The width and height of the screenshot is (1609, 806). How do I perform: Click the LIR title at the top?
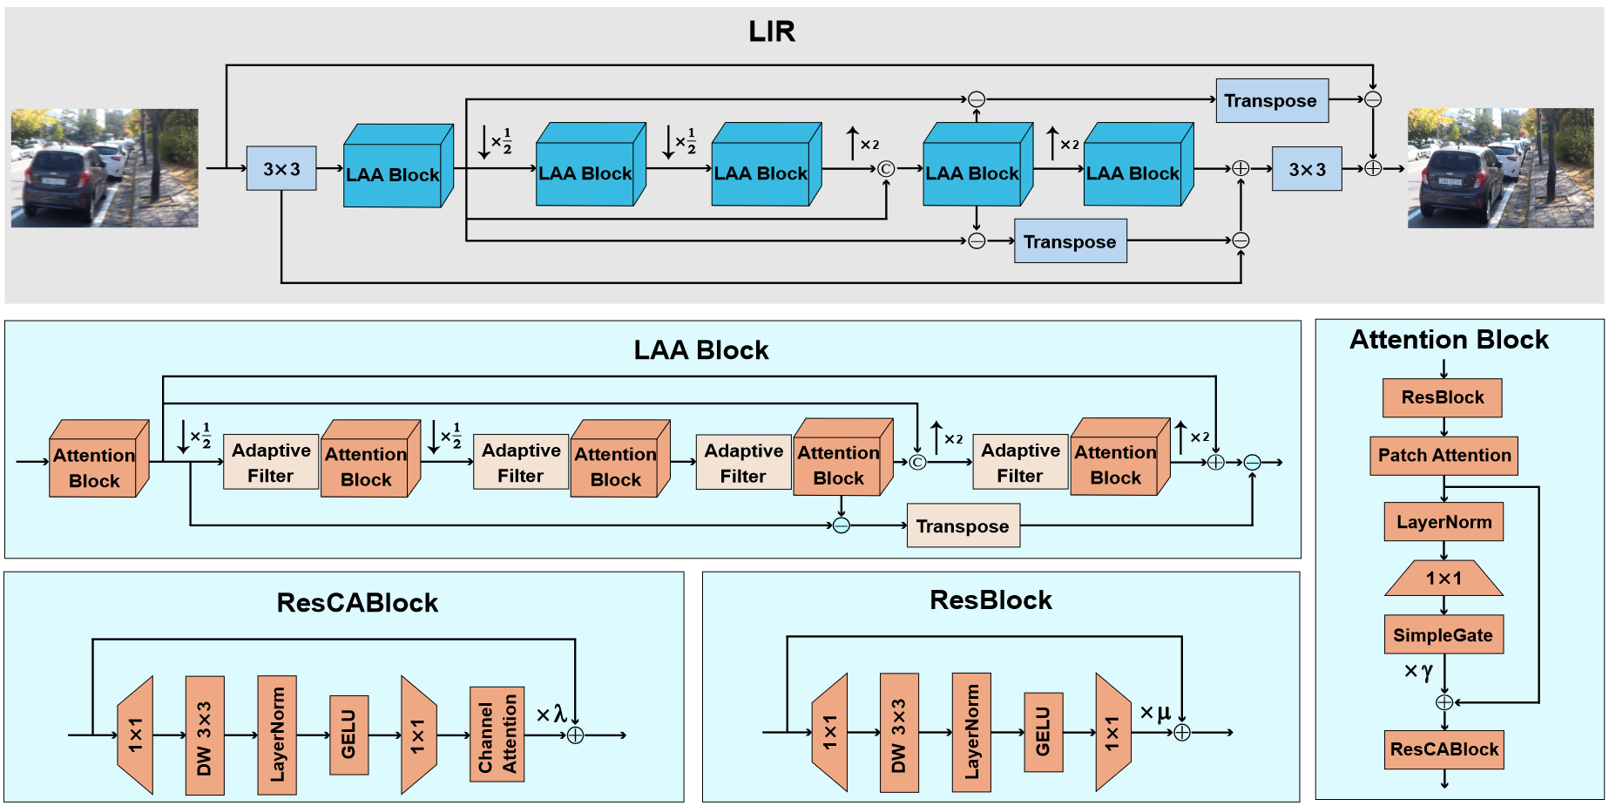[771, 31]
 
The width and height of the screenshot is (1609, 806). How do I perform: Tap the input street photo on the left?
[105, 168]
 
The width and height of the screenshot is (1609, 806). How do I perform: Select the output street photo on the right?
[1500, 168]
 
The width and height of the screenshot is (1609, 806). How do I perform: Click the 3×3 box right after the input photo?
[281, 168]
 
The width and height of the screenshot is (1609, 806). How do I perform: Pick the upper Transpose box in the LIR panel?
[1271, 100]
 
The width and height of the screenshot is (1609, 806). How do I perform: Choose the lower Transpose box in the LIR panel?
[1070, 241]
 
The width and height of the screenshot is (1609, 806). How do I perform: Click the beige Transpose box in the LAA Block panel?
[963, 526]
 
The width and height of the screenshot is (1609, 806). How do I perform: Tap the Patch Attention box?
[1443, 455]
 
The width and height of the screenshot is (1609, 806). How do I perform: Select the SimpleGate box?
[1443, 634]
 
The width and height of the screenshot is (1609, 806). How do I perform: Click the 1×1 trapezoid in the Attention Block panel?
[1443, 579]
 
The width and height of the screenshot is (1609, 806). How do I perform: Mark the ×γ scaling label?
[1418, 671]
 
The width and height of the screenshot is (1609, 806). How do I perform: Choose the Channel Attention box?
[497, 734]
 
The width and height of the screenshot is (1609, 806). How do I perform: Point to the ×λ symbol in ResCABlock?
[551, 715]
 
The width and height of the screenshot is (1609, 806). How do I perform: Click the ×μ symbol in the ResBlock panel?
[1155, 713]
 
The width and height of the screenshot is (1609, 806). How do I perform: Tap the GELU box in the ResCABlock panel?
[348, 735]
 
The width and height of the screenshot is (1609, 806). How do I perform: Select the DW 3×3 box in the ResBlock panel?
[898, 733]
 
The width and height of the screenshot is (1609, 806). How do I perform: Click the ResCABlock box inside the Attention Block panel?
[1443, 749]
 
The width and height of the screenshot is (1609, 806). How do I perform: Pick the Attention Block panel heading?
[1449, 339]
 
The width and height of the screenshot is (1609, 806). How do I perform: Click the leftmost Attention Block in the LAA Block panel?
[95, 466]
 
